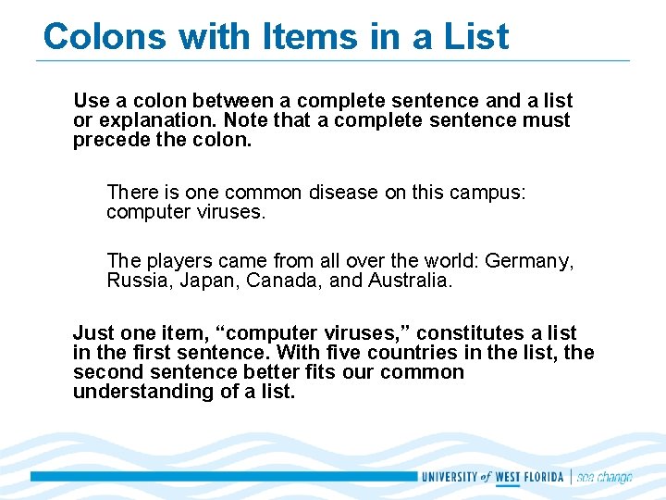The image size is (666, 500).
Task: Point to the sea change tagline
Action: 605,477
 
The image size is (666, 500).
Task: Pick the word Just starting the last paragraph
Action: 93,332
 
